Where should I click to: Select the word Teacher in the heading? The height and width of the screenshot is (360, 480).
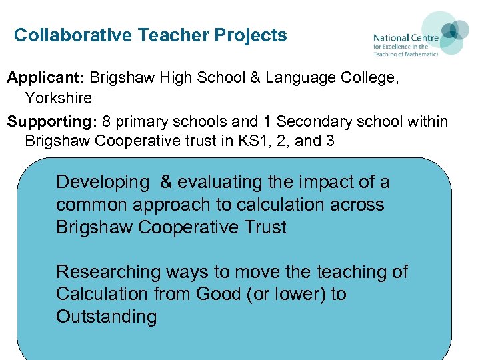170,35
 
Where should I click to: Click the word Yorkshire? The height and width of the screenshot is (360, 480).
59,99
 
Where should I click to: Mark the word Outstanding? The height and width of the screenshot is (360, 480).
106,317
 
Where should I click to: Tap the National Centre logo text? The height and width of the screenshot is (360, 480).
405,45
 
